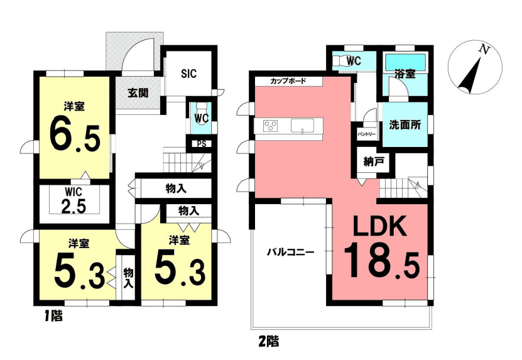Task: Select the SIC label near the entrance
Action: point(189,74)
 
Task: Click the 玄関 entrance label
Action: point(138,94)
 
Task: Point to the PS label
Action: point(201,143)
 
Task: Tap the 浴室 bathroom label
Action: point(405,74)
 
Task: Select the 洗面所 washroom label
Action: point(405,124)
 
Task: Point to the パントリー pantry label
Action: point(367,134)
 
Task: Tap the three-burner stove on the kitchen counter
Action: point(270,126)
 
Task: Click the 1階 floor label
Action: point(52,317)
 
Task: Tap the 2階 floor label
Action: point(268,342)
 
